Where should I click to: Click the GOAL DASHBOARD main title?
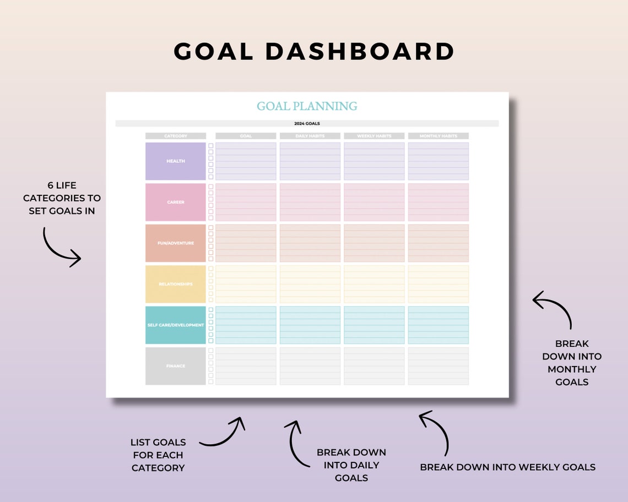click(x=314, y=52)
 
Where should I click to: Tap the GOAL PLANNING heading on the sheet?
click(x=307, y=106)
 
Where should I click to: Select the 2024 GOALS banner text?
click(x=307, y=124)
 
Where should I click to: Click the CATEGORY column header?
click(x=176, y=136)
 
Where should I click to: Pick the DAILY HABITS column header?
click(x=310, y=136)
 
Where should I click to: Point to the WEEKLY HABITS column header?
click(x=374, y=136)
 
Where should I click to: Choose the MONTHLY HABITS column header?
click(x=438, y=136)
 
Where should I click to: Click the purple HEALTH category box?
click(x=176, y=161)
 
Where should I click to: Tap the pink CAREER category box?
click(x=176, y=202)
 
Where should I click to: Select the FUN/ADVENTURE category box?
click(x=176, y=243)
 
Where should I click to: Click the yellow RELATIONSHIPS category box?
click(x=176, y=284)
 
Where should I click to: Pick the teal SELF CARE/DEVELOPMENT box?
click(x=176, y=325)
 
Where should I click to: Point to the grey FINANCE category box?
click(x=176, y=366)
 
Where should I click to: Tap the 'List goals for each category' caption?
click(x=158, y=455)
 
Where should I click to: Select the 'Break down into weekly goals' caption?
click(x=507, y=467)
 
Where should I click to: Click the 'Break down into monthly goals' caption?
click(x=572, y=363)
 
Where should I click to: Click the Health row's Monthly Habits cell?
click(x=438, y=161)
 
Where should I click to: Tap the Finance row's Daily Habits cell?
click(x=310, y=366)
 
